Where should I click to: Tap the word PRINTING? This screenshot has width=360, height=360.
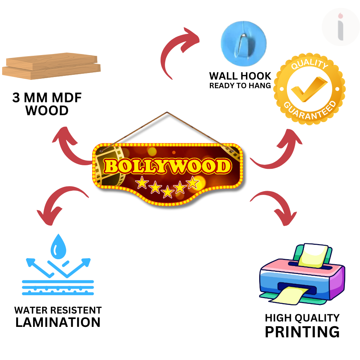(302, 332)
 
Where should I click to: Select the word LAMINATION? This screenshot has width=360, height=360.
(58, 322)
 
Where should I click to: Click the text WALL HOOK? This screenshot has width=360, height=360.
(240, 76)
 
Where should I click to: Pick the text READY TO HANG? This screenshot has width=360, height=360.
(240, 86)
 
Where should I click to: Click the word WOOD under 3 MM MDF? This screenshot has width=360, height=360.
(47, 111)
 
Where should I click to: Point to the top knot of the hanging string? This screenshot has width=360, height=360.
(167, 112)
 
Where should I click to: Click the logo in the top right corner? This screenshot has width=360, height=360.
(341, 27)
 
